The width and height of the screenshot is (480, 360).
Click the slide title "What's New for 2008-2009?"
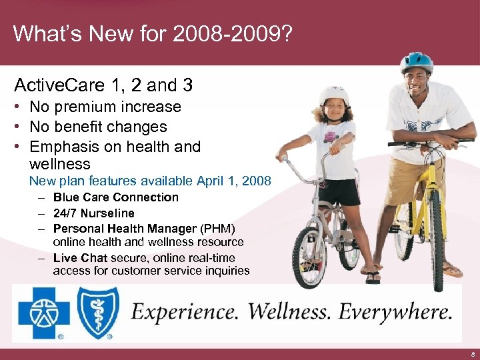pyautogui.click(x=152, y=33)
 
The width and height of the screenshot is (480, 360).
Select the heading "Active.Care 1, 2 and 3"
pyautogui.click(x=103, y=85)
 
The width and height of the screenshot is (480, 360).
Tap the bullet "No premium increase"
pyautogui.click(x=105, y=107)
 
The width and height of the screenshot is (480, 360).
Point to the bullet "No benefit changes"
pyautogui.click(x=98, y=127)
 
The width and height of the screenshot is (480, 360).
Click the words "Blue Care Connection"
pyautogui.click(x=116, y=197)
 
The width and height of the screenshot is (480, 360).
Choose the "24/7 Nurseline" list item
pyautogui.click(x=93, y=213)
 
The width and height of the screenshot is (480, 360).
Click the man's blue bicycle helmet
pyautogui.click(x=417, y=62)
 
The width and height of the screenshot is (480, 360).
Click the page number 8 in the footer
pyautogui.click(x=472, y=354)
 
